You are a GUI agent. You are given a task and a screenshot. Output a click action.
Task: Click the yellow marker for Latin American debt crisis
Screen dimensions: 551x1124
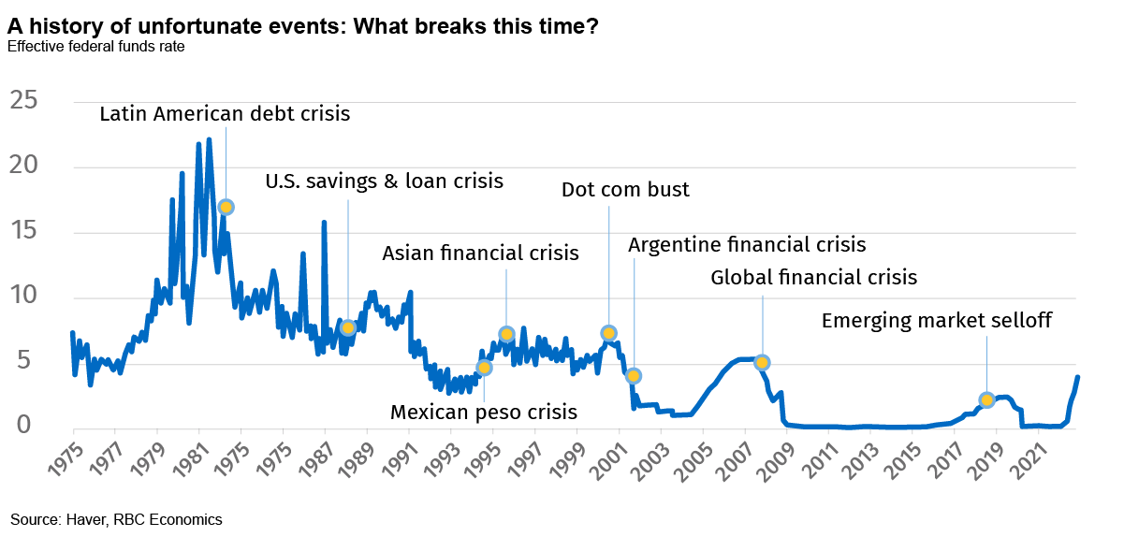pyautogui.click(x=226, y=207)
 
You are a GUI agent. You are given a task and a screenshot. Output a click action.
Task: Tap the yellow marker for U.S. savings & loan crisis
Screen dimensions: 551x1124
pyautogui.click(x=348, y=327)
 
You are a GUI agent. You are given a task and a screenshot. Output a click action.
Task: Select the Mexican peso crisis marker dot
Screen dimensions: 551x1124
pyautogui.click(x=484, y=368)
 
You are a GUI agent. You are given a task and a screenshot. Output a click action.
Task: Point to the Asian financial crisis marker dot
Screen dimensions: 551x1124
pyautogui.click(x=506, y=334)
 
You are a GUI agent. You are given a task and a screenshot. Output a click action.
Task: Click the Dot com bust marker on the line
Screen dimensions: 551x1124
pyautogui.click(x=608, y=333)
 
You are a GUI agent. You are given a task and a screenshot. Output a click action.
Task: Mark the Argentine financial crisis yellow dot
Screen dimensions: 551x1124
pyautogui.click(x=634, y=375)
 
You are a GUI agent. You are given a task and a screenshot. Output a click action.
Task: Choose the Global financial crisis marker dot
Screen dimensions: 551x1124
pyautogui.click(x=762, y=362)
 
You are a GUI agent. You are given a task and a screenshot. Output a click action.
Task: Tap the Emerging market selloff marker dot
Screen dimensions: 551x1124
pyautogui.click(x=986, y=399)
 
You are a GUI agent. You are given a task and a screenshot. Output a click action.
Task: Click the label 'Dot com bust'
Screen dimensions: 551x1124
pyautogui.click(x=625, y=190)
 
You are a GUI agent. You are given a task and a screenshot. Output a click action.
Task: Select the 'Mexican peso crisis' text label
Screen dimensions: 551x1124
pyautogui.click(x=484, y=412)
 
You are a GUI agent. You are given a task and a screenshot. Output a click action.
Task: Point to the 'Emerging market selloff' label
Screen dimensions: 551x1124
pyautogui.click(x=936, y=321)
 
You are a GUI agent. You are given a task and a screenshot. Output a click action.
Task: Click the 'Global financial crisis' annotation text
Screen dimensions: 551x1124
pyautogui.click(x=813, y=277)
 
